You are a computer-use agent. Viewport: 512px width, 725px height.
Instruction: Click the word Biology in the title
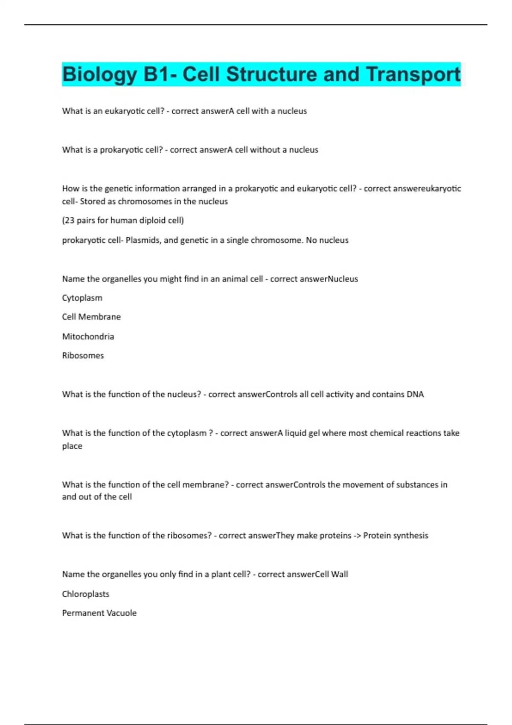pos(99,75)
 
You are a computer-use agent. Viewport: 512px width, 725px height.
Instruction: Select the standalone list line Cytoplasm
pos(82,298)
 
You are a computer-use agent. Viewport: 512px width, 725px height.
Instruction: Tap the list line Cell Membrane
pos(91,317)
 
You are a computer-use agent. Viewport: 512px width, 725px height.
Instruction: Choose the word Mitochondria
pos(88,336)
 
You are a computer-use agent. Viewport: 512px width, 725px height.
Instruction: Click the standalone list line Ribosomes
pos(83,356)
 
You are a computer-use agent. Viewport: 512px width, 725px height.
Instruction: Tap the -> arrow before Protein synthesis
pos(357,536)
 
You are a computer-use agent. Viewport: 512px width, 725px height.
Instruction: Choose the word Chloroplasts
pos(85,594)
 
